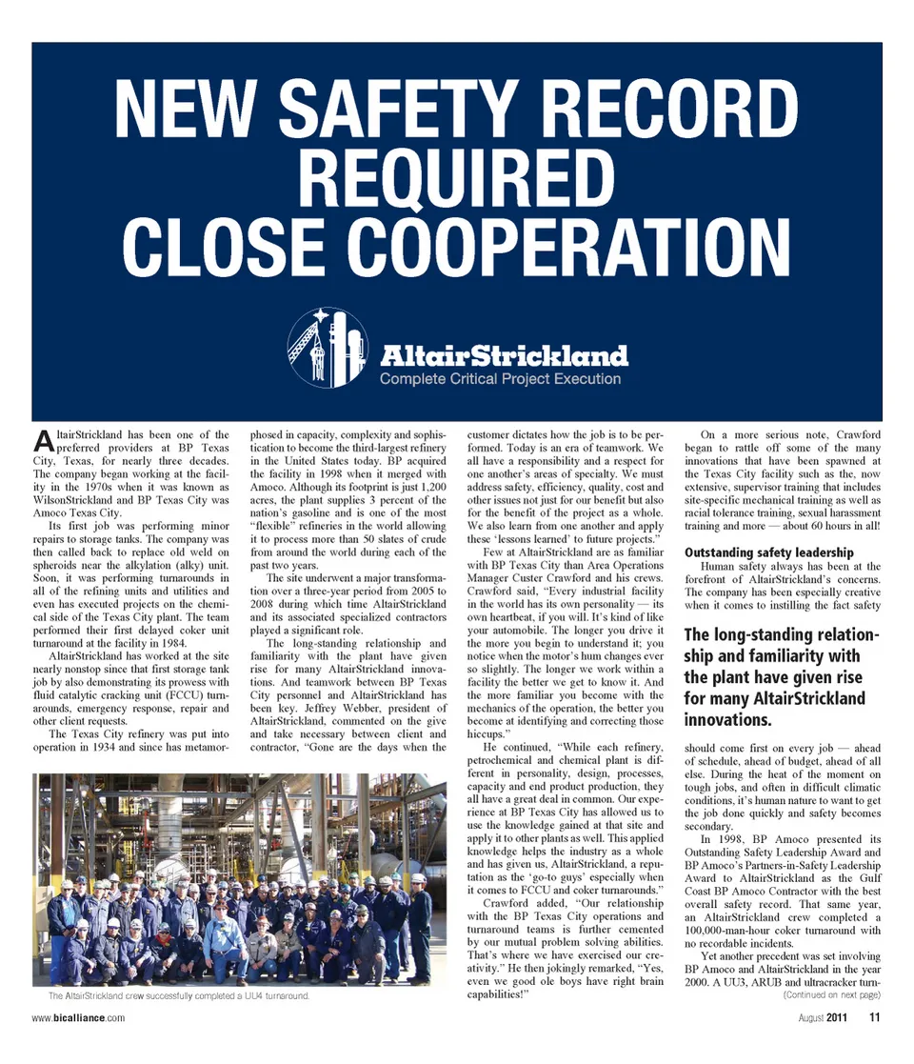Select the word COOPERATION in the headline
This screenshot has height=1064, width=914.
[552, 245]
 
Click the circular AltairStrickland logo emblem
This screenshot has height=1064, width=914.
[328, 347]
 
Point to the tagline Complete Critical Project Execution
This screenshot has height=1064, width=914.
[500, 379]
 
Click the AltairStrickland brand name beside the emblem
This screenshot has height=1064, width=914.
[504, 356]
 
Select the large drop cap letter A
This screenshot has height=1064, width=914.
[42, 440]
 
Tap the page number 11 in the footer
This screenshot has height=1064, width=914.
[874, 1017]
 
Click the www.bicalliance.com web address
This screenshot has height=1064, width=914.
[78, 1017]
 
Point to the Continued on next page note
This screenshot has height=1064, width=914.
[830, 994]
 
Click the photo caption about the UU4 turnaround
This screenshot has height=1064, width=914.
[178, 996]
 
